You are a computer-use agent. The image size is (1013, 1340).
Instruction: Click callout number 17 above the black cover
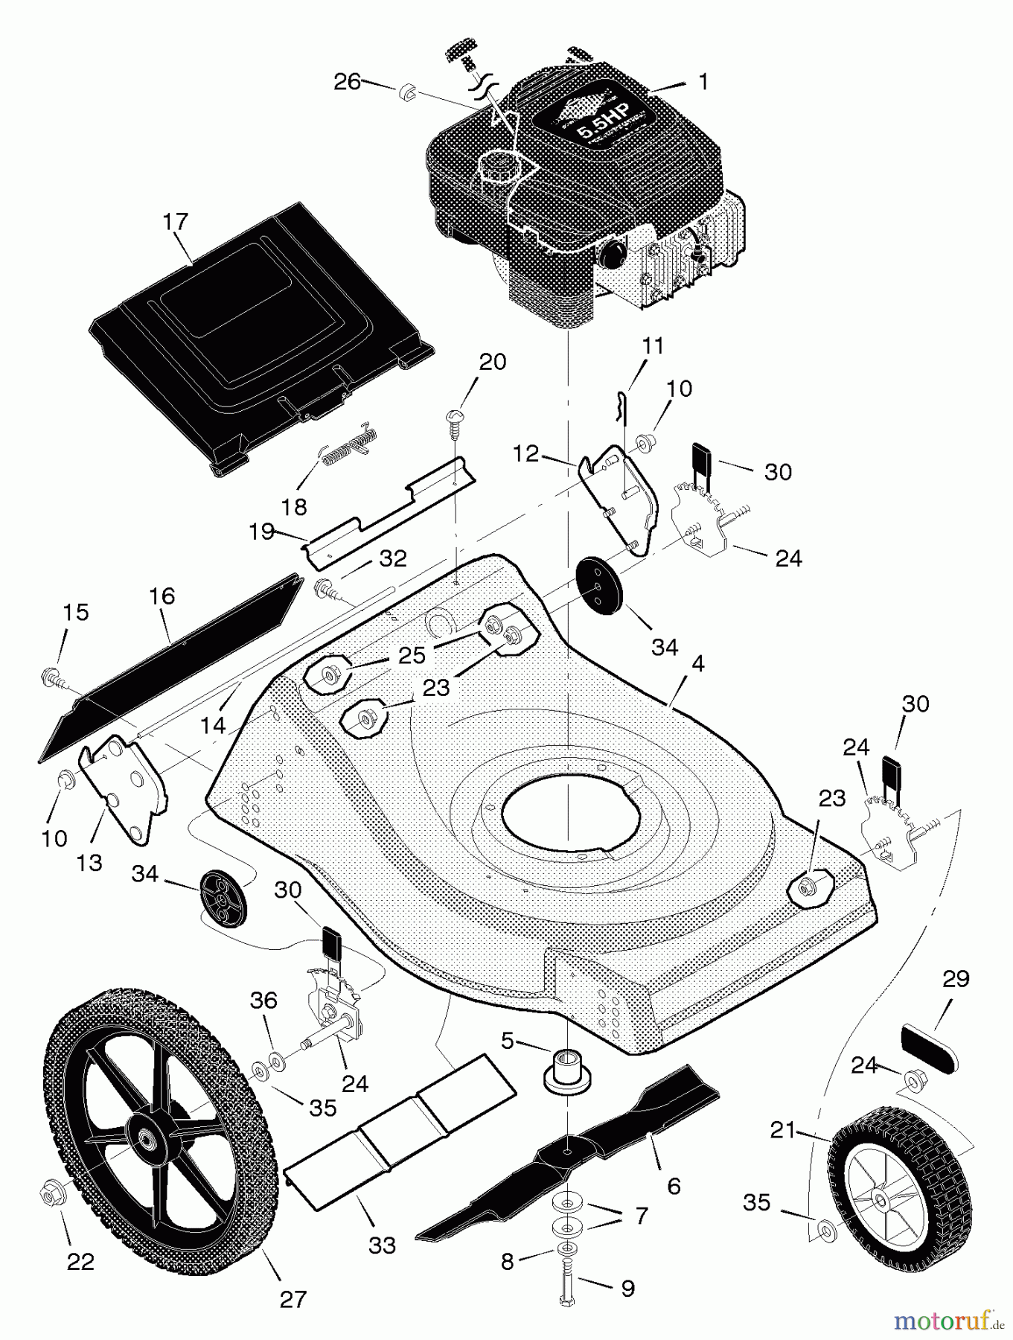click(176, 223)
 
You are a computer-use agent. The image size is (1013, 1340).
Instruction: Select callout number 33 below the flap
click(382, 1244)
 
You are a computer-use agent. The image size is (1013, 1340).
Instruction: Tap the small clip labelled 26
click(406, 92)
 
